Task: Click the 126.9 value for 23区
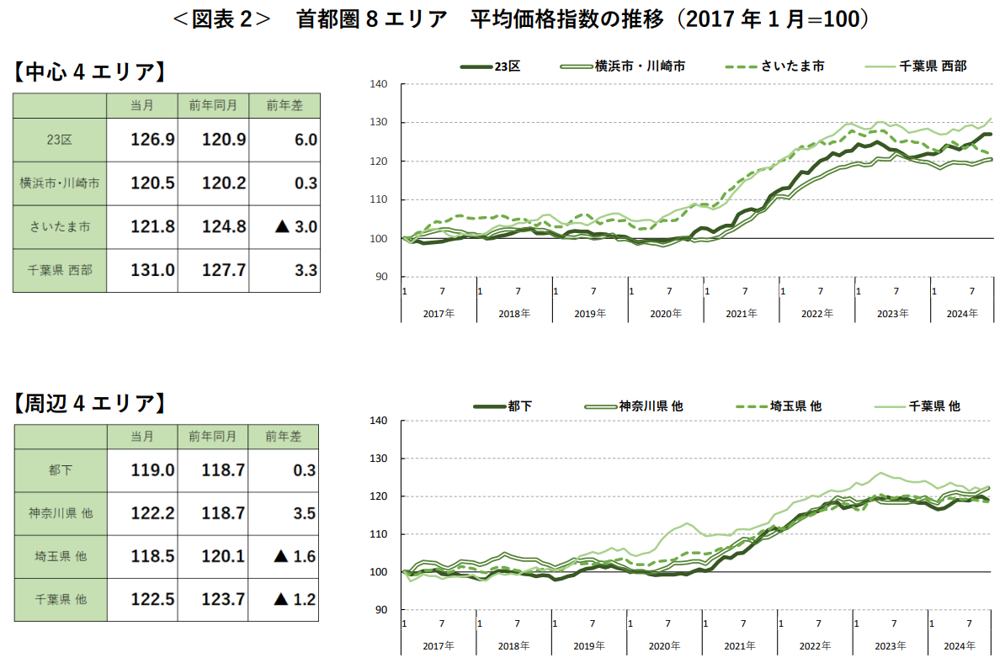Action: point(152,140)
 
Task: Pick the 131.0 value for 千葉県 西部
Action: point(152,271)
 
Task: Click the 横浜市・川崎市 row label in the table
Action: point(60,183)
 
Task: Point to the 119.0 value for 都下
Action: point(152,469)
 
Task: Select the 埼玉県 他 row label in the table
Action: point(60,556)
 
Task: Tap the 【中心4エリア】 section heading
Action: point(88,72)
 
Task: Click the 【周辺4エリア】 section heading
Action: point(88,404)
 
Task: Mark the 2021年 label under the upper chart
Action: point(741,313)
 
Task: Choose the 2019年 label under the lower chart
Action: point(589,646)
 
